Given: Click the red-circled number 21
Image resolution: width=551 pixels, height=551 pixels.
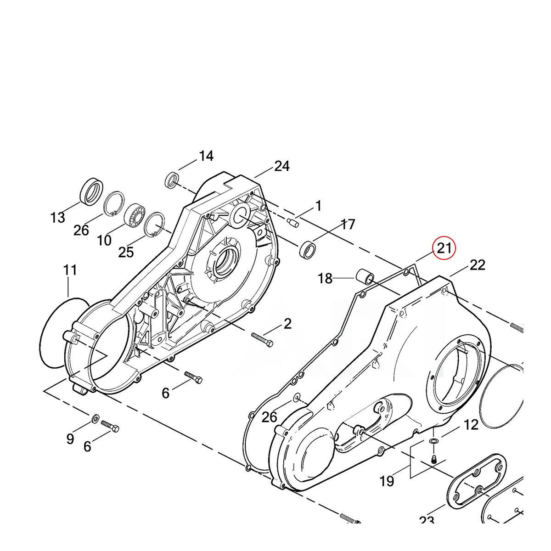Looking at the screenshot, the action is point(444,248).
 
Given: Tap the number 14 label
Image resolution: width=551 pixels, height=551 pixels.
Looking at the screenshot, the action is point(206,156).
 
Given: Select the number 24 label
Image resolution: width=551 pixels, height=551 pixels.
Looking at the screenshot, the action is point(282,166).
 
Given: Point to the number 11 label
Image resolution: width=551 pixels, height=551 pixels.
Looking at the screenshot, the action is point(70,270).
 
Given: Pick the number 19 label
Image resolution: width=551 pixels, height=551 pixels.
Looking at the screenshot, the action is point(387,481).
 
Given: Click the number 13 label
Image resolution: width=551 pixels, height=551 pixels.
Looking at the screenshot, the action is point(58,218).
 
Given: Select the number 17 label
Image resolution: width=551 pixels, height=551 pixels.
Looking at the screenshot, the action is point(348,225).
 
